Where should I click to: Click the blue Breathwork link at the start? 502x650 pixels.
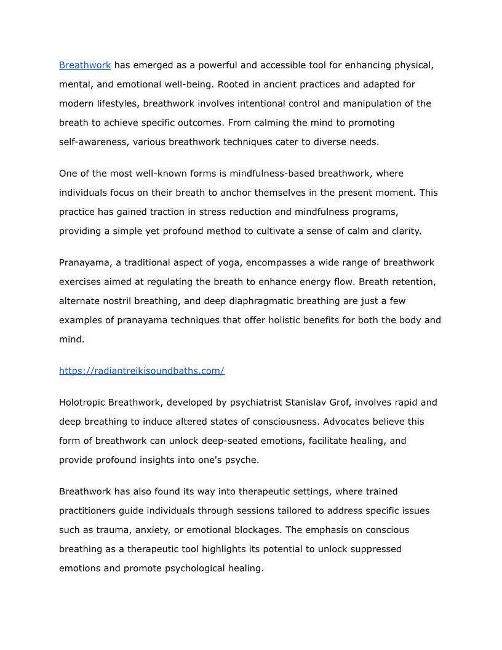click(x=85, y=65)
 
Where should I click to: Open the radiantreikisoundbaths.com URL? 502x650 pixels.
click(x=141, y=371)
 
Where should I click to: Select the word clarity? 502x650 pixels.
click(x=404, y=231)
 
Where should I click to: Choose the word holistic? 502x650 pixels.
click(x=289, y=320)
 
